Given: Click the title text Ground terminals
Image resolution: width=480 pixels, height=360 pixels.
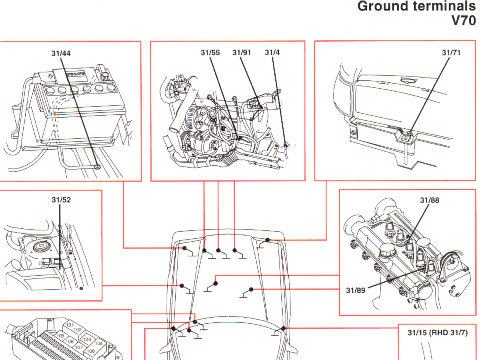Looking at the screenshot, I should (416, 7).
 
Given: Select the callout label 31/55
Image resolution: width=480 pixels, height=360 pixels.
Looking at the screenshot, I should (210, 52).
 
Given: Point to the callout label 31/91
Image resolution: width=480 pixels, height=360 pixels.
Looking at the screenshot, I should (242, 52).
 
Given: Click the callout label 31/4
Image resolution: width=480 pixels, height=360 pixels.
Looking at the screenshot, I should (272, 52).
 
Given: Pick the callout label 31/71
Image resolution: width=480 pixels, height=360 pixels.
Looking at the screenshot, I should (451, 52).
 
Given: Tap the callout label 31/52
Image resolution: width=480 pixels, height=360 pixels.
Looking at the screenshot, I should (61, 200).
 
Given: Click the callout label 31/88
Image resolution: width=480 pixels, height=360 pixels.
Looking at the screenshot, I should (429, 200).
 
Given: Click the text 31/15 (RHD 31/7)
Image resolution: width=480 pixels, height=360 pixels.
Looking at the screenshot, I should (437, 333).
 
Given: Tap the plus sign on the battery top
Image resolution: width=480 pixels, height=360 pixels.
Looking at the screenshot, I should (50, 76).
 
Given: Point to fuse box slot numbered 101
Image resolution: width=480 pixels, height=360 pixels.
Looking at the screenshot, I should (70, 325).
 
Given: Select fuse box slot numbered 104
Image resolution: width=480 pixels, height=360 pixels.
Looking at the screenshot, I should (98, 343).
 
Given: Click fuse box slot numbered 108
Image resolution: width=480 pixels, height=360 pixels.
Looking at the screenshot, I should (90, 351).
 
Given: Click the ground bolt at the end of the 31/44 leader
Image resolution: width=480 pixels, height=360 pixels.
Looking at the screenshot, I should (96, 165).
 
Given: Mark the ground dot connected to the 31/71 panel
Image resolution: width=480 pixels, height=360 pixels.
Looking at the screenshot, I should (267, 240).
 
